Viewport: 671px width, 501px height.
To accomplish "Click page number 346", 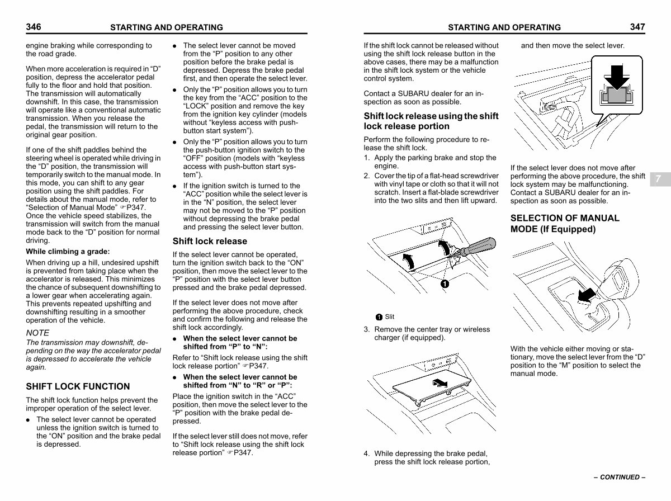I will tap(34, 27).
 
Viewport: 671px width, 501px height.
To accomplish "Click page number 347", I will tap(637, 27).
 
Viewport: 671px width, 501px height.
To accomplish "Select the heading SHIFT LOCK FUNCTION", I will tap(78, 386).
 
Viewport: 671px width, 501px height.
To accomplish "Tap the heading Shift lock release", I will tap(210, 242).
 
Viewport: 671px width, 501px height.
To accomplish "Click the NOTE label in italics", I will tap(37, 333).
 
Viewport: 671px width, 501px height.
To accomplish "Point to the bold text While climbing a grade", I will tap(68, 252).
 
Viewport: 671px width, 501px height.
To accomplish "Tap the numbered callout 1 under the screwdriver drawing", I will tap(444, 283).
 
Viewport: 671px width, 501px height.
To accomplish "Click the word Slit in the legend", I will tap(390, 317).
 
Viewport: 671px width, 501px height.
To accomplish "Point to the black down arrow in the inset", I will tap(616, 77).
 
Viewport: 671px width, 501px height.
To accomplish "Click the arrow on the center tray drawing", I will tap(441, 383).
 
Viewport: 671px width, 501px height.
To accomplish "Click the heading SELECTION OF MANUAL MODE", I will tap(565, 224).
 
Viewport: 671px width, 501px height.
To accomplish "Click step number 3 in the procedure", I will tap(367, 329).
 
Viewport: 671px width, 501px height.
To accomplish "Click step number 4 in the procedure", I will tap(367, 453).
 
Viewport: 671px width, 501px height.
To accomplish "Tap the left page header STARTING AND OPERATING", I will tap(167, 27).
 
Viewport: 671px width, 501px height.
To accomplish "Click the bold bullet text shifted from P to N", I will tap(240, 342).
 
